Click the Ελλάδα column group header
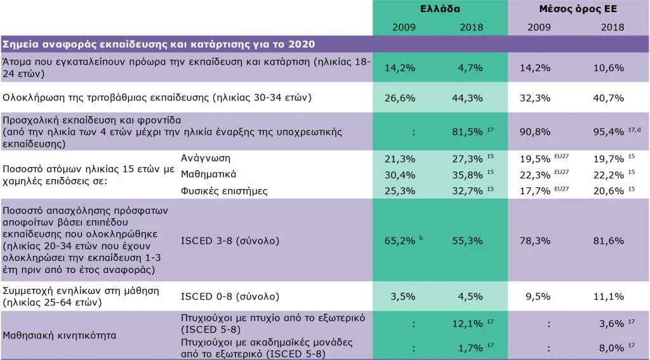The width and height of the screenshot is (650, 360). (440, 9)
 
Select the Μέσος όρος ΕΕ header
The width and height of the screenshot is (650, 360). (578, 9)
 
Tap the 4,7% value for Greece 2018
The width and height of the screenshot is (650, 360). (470, 68)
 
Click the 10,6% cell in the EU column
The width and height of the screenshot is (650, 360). (611, 68)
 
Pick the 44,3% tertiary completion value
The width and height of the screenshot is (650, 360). (470, 98)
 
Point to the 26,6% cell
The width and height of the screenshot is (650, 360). (401, 98)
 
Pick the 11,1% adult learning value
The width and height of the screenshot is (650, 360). (611, 296)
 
